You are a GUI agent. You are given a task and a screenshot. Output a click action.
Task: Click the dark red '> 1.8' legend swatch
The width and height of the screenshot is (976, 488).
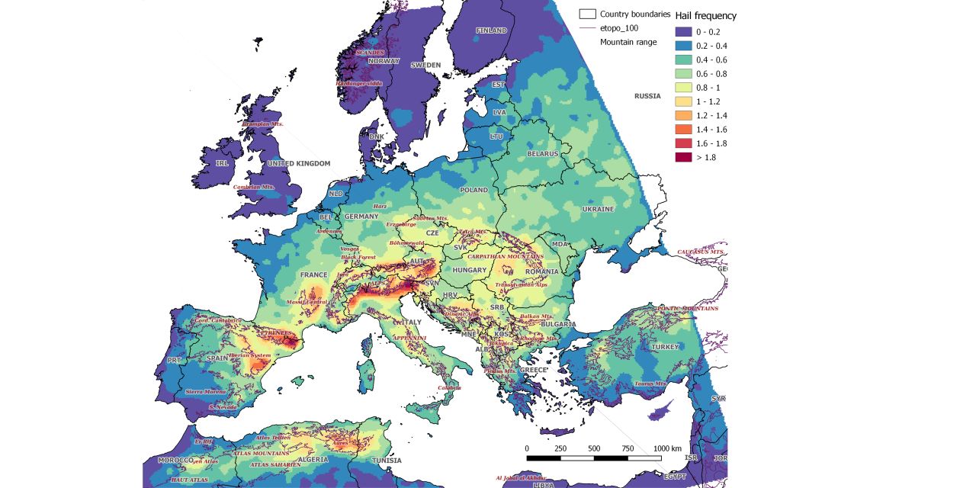(x=683, y=157)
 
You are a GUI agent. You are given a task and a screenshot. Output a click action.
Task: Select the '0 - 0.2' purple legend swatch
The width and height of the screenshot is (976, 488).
(x=683, y=31)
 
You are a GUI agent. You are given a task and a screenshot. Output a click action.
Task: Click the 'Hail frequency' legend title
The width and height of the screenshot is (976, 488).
(x=705, y=15)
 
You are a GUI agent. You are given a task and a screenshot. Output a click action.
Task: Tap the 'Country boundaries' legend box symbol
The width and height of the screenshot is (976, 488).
(x=587, y=14)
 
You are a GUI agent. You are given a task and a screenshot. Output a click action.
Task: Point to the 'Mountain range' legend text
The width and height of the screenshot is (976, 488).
(x=628, y=42)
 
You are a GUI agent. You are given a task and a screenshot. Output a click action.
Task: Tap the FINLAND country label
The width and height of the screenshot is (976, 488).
(x=491, y=30)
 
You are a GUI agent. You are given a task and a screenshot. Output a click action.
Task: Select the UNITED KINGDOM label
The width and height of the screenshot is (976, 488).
(x=298, y=163)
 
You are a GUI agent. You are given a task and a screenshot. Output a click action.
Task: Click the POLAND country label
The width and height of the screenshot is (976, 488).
(x=473, y=190)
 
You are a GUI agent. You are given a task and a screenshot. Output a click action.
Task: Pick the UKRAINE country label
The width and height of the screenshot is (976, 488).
(x=598, y=209)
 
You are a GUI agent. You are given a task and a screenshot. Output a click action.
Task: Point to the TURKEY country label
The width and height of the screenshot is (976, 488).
(x=664, y=347)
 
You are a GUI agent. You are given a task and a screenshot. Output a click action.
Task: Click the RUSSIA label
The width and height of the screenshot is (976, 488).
(x=647, y=96)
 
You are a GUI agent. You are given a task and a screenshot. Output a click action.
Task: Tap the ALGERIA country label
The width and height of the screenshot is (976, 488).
(x=313, y=460)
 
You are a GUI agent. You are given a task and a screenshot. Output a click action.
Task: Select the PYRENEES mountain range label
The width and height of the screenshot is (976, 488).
(x=275, y=333)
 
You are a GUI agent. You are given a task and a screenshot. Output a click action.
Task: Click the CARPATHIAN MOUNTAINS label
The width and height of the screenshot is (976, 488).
(x=505, y=257)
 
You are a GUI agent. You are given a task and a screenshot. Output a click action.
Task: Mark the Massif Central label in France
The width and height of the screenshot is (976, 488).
(x=285, y=303)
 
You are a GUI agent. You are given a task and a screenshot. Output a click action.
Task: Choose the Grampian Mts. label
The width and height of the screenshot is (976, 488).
(x=263, y=124)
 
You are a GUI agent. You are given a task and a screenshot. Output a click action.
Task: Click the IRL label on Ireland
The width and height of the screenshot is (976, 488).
(x=222, y=163)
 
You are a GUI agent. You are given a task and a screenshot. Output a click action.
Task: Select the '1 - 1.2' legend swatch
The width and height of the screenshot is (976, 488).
(x=683, y=101)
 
